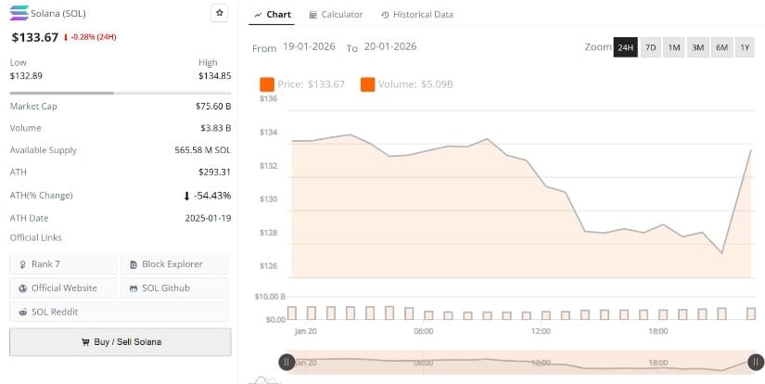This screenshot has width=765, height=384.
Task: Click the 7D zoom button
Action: (x=651, y=47)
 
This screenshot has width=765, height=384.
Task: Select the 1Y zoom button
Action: (x=744, y=47)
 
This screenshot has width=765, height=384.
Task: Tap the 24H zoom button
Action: (x=626, y=47)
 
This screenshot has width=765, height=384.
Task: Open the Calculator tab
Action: (x=336, y=15)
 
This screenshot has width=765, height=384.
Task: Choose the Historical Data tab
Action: (x=416, y=15)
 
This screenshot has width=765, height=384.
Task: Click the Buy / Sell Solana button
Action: (x=121, y=341)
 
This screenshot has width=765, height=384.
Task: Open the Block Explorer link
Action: (x=172, y=264)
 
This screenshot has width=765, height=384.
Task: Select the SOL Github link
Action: (x=172, y=288)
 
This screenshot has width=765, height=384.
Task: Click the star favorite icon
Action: (x=219, y=13)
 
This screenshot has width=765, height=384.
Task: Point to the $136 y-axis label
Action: (x=269, y=97)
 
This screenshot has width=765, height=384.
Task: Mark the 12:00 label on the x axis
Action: (x=541, y=331)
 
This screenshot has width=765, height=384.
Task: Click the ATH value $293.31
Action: (x=214, y=173)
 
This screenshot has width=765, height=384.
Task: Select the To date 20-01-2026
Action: (x=389, y=47)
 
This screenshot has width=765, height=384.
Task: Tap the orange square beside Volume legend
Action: (x=367, y=84)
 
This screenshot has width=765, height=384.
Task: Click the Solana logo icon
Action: (x=19, y=14)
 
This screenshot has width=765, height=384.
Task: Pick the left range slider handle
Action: (x=287, y=362)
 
